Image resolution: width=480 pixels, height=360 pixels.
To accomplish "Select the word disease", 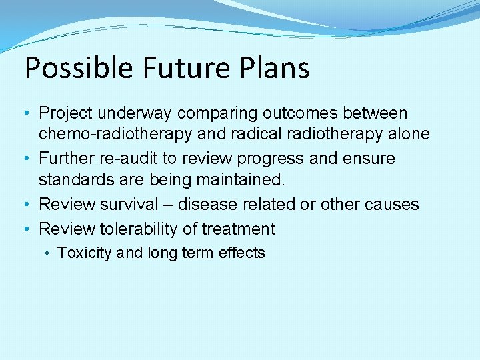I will (x=212, y=204).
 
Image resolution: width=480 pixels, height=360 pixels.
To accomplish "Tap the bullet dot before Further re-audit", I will (x=29, y=159).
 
